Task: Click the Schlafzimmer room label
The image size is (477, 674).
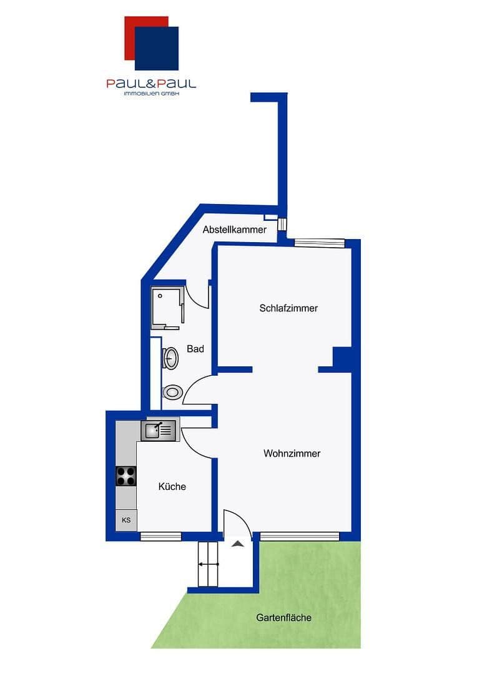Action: click(288, 308)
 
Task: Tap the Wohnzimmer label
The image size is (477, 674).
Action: click(292, 454)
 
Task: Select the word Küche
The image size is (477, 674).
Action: click(172, 487)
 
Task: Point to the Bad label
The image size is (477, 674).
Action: click(195, 349)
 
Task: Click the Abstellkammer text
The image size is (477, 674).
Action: click(235, 230)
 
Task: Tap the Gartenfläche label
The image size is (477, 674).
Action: click(283, 618)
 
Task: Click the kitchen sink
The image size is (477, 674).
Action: click(159, 430)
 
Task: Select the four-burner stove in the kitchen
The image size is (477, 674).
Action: click(126, 476)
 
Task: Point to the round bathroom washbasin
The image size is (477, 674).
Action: click(171, 358)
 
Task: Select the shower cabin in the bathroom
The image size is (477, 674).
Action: click(167, 307)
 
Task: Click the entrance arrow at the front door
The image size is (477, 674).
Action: click(237, 544)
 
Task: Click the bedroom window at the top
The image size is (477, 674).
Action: click(320, 243)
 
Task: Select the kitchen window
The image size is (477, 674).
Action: click(160, 536)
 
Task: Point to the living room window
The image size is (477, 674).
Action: click(300, 536)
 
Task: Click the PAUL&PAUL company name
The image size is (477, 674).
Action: click(151, 83)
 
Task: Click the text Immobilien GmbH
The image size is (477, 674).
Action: click(151, 94)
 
